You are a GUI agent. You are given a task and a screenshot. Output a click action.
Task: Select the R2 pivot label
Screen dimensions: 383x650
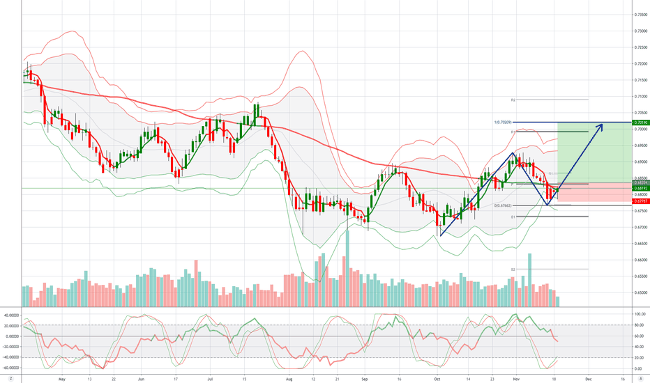tap(512, 100)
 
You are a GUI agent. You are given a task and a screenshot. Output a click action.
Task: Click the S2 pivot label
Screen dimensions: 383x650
tap(512, 269)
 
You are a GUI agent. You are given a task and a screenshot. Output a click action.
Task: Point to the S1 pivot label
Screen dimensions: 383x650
tap(512, 217)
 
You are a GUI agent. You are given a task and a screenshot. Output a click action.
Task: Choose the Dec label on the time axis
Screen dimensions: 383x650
tap(587, 380)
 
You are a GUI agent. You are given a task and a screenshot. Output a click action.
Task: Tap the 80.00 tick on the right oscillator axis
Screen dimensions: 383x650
tap(637, 325)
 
